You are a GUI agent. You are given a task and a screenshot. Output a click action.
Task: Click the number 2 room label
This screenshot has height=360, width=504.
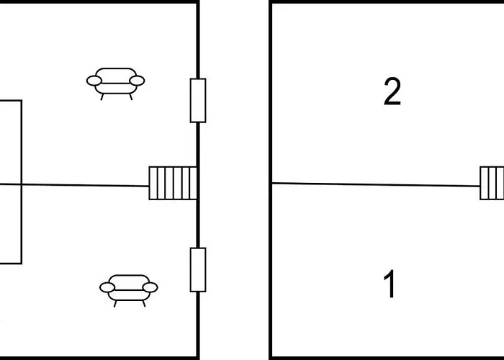point(392,91)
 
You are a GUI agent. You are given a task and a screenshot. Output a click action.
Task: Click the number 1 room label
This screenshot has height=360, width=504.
point(390,284)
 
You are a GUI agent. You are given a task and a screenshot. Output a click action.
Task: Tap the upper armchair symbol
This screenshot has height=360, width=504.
point(115,84)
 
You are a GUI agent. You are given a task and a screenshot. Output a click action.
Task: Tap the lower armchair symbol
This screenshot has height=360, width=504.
point(129,290)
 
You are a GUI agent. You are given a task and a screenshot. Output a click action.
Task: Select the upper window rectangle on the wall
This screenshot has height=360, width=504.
point(198,100)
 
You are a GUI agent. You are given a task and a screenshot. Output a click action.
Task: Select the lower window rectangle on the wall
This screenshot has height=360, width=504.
point(198,270)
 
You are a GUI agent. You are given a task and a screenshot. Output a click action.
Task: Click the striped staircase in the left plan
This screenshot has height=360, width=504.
point(173,183)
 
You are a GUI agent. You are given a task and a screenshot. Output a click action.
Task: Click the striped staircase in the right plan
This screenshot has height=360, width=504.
point(492,183)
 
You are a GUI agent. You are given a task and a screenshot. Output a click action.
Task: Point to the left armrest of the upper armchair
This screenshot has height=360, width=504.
point(94,81)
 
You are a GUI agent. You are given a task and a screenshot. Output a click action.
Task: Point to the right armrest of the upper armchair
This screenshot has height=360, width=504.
point(137,81)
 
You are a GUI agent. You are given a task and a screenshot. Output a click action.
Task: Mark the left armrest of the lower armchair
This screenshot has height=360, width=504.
point(107,287)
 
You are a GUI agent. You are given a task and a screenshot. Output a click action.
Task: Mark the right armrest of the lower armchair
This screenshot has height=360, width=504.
point(150,287)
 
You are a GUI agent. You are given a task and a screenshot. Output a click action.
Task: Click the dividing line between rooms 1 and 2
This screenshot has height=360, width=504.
point(376,184)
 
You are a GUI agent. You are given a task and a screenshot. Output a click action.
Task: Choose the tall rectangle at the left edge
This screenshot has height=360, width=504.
point(22,182)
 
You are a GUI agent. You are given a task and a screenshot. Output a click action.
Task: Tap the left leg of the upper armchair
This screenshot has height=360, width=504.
point(102,96)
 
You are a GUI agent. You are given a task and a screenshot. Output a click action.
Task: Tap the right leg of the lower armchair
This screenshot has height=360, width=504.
point(144,304)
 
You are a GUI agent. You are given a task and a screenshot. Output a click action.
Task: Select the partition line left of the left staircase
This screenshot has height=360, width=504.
point(75,185)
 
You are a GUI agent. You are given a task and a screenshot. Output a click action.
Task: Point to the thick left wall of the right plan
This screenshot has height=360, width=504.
point(271,180)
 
